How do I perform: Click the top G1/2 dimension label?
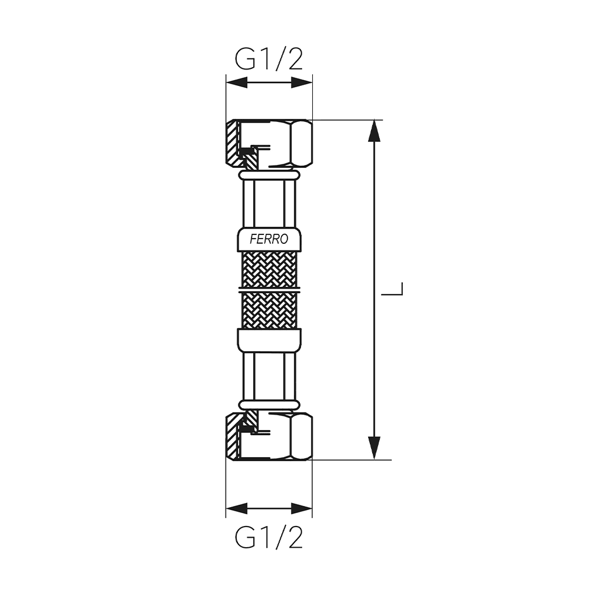(269, 59)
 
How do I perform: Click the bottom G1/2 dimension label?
(269, 537)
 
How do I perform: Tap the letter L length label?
(392, 289)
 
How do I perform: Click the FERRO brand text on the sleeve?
(269, 239)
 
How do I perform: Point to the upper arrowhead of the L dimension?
(374, 131)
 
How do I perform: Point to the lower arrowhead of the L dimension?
(374, 448)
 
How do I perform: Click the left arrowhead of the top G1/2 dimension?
(237, 82)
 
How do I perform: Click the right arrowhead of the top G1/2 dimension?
(302, 82)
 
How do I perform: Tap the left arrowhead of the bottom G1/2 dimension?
(237, 509)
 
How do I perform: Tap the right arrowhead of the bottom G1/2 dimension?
(302, 509)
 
